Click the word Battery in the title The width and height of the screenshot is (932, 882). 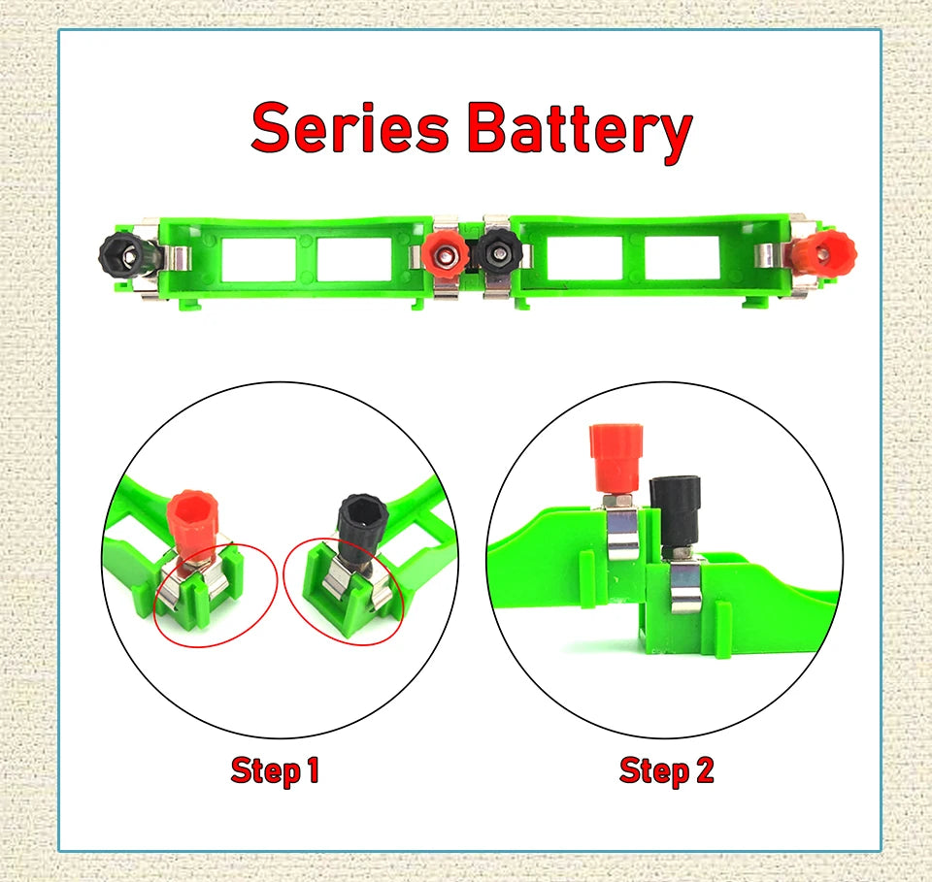click(x=579, y=130)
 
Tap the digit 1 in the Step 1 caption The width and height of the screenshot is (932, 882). click(x=312, y=771)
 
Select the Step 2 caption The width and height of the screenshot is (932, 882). click(x=666, y=771)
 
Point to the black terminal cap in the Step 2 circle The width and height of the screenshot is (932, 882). click(x=676, y=507)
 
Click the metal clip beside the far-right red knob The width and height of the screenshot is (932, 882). click(x=770, y=254)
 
